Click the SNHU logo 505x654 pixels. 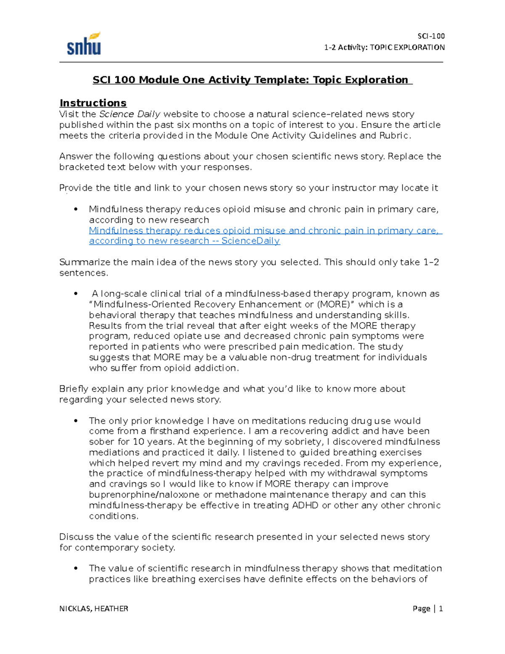[x=84, y=44]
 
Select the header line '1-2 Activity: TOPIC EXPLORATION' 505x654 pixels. [x=384, y=48]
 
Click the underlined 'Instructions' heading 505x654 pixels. [x=93, y=103]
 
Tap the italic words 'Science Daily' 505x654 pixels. [x=130, y=114]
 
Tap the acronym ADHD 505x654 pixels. [x=305, y=505]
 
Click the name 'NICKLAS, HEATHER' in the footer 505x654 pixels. [x=94, y=609]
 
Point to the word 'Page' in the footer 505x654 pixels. [x=421, y=609]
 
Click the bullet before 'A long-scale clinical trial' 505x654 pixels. [x=76, y=294]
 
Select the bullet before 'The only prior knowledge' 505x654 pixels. [x=76, y=421]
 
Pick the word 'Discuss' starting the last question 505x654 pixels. [x=76, y=537]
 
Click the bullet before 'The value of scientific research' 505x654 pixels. [x=76, y=569]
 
